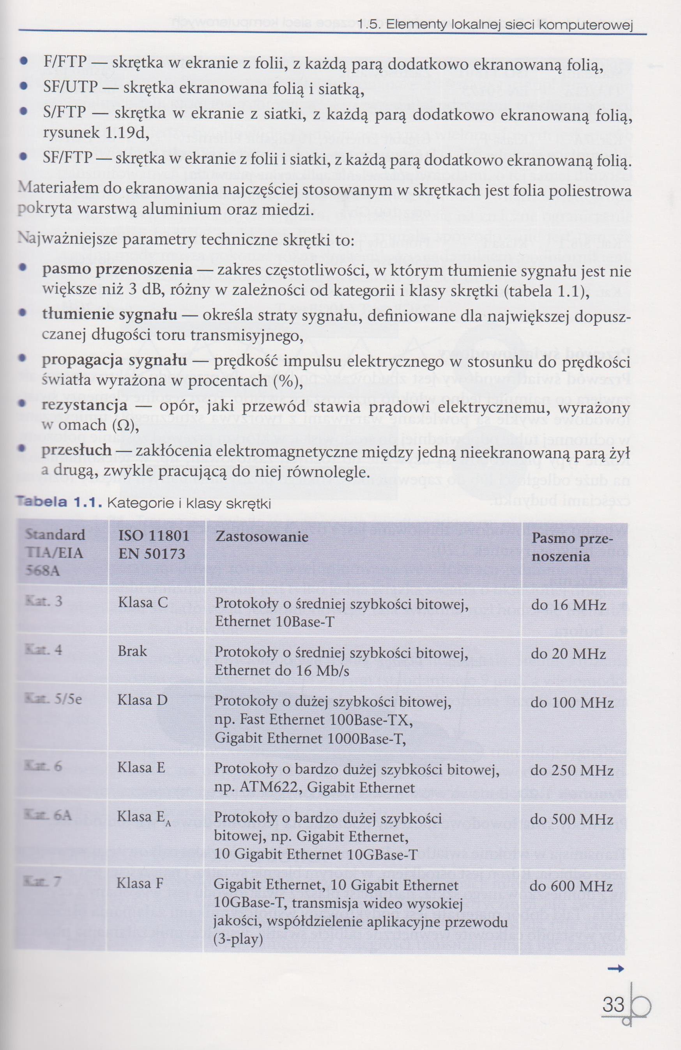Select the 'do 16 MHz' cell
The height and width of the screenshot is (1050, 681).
tap(568, 605)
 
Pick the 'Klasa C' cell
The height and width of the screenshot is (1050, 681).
tap(143, 603)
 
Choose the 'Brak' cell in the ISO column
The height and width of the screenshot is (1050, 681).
tap(132, 651)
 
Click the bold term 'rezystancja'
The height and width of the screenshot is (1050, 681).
tap(84, 405)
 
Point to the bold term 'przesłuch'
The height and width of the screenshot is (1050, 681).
tap(76, 450)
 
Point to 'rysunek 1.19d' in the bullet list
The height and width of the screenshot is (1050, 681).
tap(94, 133)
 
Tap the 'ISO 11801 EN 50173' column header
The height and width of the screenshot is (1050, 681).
tap(153, 544)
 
